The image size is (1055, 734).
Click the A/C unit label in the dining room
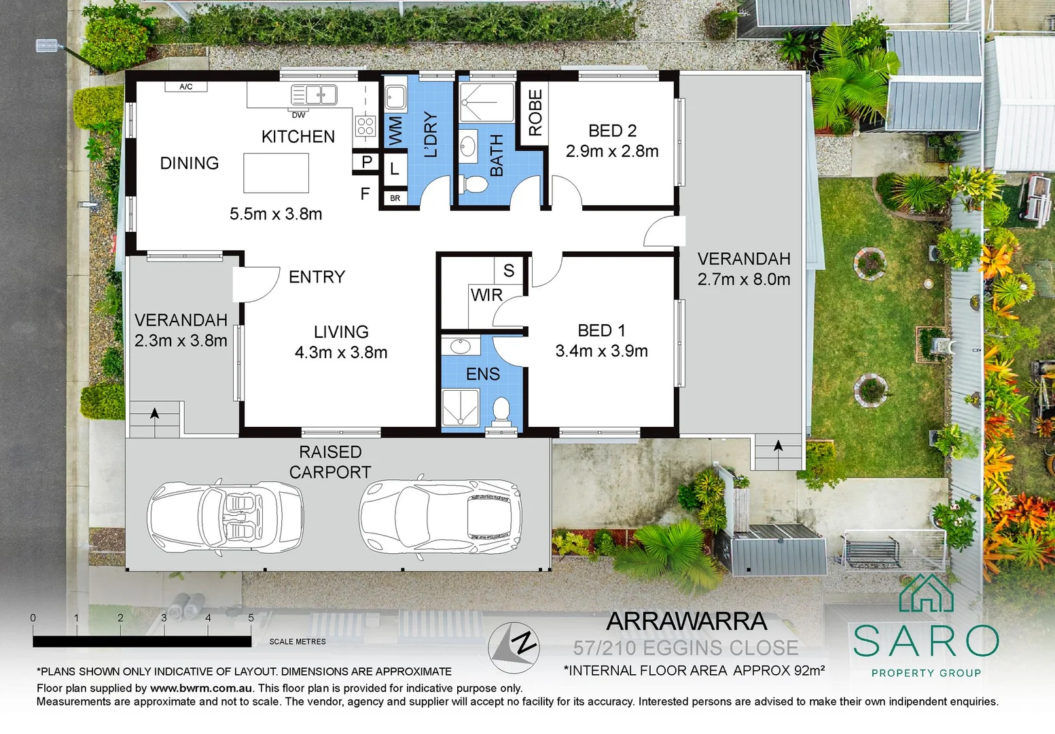click(185, 86)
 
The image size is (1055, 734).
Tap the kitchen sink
click(314, 94)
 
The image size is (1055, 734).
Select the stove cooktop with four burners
click(365, 126)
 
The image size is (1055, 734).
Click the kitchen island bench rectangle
click(276, 173)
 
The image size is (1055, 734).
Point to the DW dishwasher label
click(298, 115)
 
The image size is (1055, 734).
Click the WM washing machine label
click(395, 130)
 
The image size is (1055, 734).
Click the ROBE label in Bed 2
click(535, 113)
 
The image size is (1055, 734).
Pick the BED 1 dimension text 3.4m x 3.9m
click(601, 351)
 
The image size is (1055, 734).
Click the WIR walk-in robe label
click(486, 295)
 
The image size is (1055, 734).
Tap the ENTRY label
click(317, 277)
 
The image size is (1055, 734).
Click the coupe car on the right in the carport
click(440, 515)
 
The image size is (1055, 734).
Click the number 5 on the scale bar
click(251, 618)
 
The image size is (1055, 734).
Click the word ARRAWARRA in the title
click(686, 621)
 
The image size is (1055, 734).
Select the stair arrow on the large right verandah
click(778, 447)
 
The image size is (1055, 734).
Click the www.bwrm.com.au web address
click(201, 688)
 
